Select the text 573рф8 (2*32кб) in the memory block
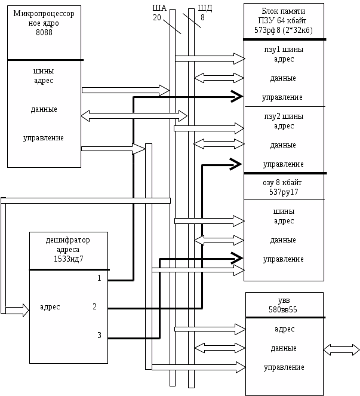coord(284,30)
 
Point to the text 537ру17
coord(284,192)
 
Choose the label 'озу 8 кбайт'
coord(283,183)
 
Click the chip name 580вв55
coord(284,309)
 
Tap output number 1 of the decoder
coord(99,278)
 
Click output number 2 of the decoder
coord(94,307)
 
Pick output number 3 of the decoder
coord(99,336)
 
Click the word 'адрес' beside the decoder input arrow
coord(50,307)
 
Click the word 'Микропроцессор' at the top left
coord(44,14)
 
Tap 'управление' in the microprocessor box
coord(44,138)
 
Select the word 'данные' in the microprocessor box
coord(44,109)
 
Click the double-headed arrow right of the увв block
coord(341,349)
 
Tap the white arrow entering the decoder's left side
coord(18,310)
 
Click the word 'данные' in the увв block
coord(284,348)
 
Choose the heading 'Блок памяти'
coord(284,11)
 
